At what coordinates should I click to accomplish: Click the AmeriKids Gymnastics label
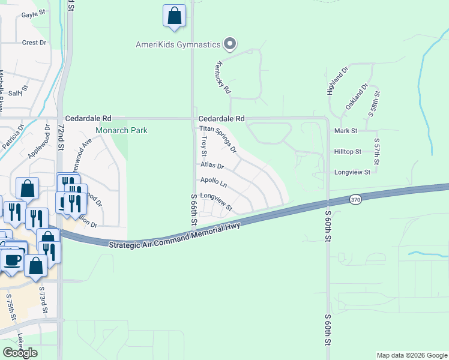point(178,44)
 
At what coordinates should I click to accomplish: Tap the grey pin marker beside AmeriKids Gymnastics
point(229,43)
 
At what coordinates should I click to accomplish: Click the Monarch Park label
point(121,130)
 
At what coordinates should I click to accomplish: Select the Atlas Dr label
point(212,165)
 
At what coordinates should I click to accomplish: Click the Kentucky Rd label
point(223,78)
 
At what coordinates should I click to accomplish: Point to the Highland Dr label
point(338,82)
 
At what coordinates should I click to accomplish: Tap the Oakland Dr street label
point(356,96)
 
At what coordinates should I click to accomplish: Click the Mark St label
point(346,130)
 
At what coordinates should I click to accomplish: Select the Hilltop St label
point(348,152)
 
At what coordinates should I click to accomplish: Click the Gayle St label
point(33,14)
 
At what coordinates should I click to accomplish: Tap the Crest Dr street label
point(34,43)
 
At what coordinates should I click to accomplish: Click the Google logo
point(20,352)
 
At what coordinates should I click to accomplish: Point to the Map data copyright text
point(411,355)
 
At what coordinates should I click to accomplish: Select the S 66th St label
point(194,209)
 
